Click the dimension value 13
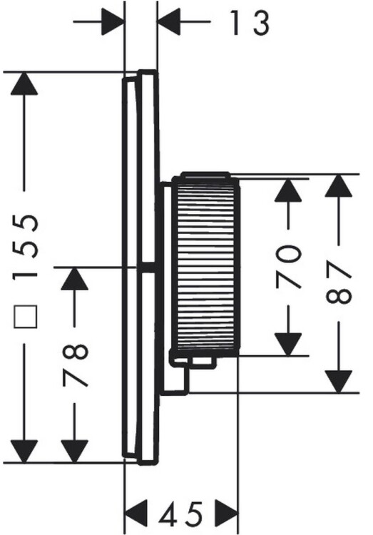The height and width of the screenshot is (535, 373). (250, 23)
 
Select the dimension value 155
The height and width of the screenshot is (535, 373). (24, 247)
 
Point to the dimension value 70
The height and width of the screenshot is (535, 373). (289, 266)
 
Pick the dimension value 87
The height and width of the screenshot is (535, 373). (339, 282)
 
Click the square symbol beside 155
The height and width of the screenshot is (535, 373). (25, 317)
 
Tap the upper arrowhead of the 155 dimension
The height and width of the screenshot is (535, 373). (24, 83)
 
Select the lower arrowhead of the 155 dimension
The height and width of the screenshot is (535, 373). (24, 452)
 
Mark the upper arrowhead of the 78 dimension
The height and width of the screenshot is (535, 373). (74, 279)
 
